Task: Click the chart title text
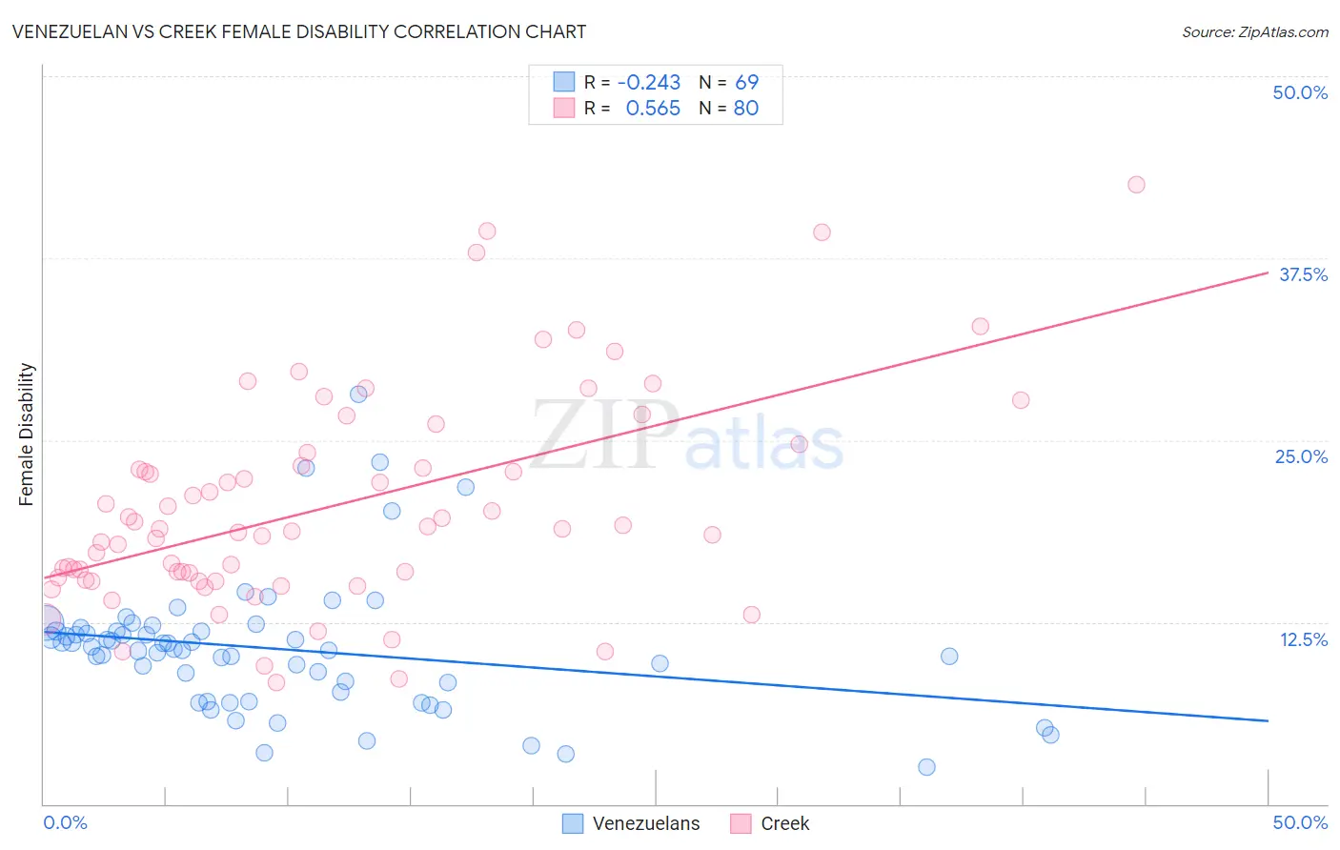[x=298, y=31]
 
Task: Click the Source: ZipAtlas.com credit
[x=1254, y=32]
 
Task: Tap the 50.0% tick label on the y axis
[x=1299, y=92]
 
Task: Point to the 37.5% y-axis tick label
[x=1302, y=274]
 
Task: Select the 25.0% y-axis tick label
[x=1300, y=456]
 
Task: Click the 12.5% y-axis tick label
[x=1302, y=638]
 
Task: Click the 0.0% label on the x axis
[x=65, y=822]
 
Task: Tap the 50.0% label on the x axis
[x=1299, y=822]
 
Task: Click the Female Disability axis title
[x=27, y=434]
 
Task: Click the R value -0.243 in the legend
[x=649, y=82]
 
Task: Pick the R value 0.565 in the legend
[x=653, y=109]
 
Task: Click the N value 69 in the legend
[x=746, y=82]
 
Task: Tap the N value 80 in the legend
[x=746, y=109]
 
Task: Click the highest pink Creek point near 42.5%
[x=1136, y=185]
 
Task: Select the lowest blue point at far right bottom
[x=926, y=767]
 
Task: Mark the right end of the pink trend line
[x=1268, y=273]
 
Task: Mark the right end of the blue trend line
[x=1268, y=720]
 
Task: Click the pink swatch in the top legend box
[x=564, y=109]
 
